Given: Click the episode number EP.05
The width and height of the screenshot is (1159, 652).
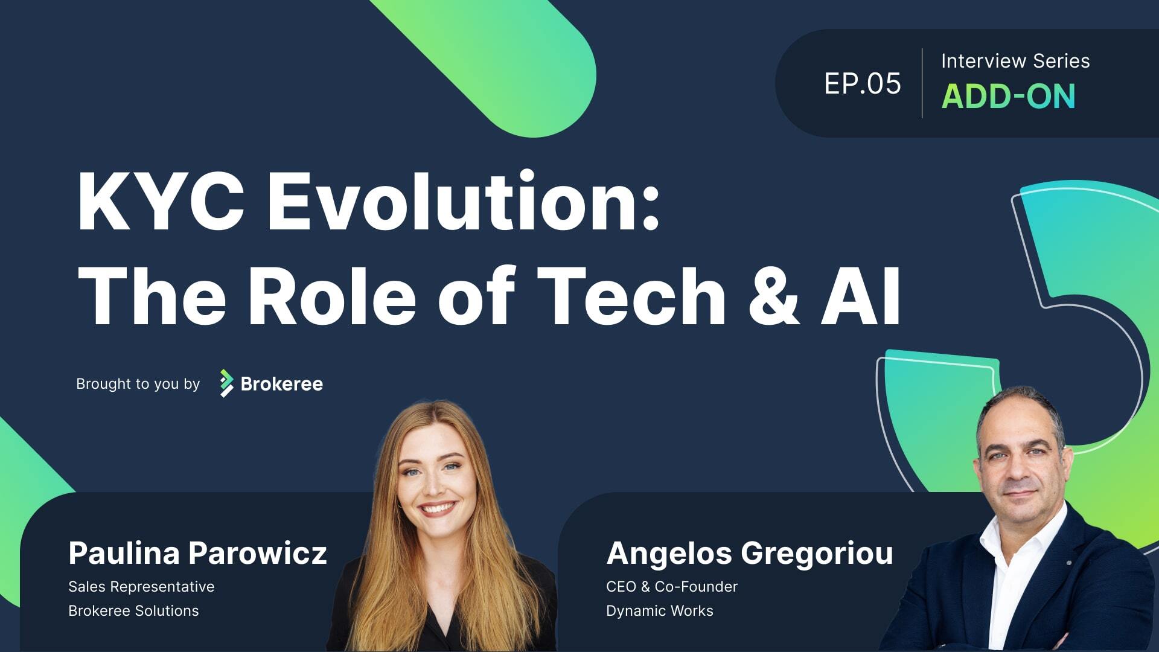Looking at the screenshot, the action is (x=862, y=83).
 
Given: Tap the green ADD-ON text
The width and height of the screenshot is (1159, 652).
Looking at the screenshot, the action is (x=1008, y=96).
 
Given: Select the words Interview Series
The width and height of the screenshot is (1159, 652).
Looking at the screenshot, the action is (x=1015, y=61).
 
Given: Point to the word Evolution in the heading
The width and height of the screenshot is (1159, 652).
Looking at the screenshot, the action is (x=463, y=201).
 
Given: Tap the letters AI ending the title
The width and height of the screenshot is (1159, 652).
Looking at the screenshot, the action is (x=861, y=296).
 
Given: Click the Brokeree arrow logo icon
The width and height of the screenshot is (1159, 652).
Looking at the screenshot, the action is (x=226, y=383).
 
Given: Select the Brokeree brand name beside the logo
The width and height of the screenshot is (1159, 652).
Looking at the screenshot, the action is (x=281, y=384).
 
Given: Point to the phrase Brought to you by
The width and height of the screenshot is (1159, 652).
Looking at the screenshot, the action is (x=138, y=384).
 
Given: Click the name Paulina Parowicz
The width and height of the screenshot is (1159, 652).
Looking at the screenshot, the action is (x=197, y=552).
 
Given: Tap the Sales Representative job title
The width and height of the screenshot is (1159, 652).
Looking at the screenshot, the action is (x=141, y=587).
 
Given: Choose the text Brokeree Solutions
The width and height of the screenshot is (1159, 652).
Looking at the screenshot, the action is (x=133, y=610).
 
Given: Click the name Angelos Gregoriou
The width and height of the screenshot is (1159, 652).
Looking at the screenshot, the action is (x=750, y=553).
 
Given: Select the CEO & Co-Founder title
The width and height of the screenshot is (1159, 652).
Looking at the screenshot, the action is (x=672, y=586).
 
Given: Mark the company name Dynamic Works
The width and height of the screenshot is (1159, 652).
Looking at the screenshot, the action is (x=660, y=611).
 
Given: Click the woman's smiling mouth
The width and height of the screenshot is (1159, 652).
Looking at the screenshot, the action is (x=438, y=508).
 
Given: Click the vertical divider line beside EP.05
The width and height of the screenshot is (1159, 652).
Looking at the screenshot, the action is (x=922, y=83).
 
